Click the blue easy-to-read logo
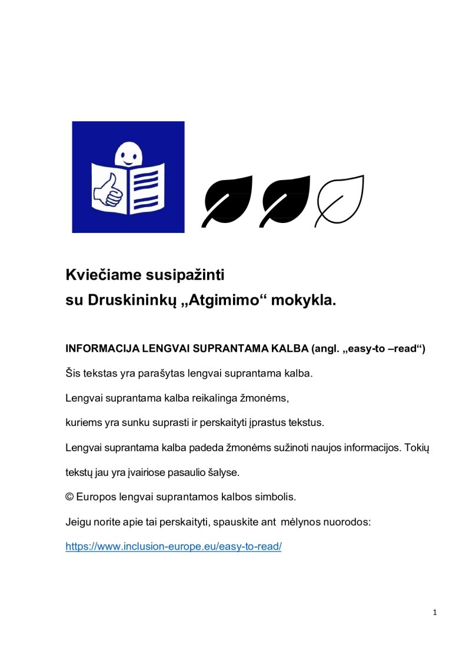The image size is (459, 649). coord(128,177)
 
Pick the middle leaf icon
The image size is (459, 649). coord(287,200)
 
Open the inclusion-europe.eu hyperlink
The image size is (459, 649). coord(174,546)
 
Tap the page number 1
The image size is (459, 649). coord(434,613)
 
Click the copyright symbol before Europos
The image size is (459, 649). coord(69,497)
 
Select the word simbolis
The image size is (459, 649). coord(276,497)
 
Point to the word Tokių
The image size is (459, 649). coord(417,448)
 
